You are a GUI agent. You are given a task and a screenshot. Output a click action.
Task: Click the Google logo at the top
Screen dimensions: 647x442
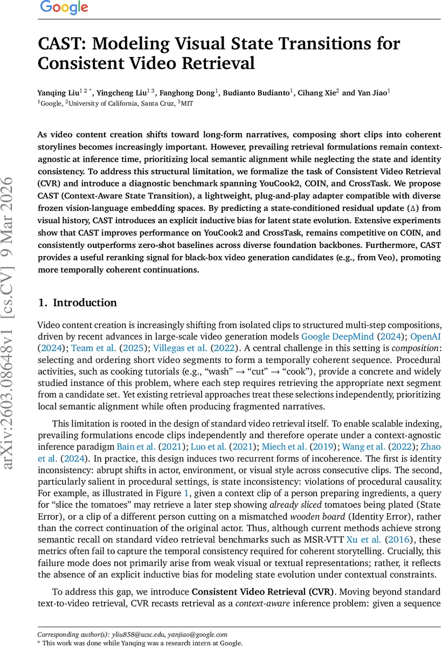(x=64, y=8)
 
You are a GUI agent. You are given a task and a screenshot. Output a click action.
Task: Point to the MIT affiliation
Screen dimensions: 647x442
(x=186, y=103)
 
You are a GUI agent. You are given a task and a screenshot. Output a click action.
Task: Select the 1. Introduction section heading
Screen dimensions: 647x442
(x=77, y=302)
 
